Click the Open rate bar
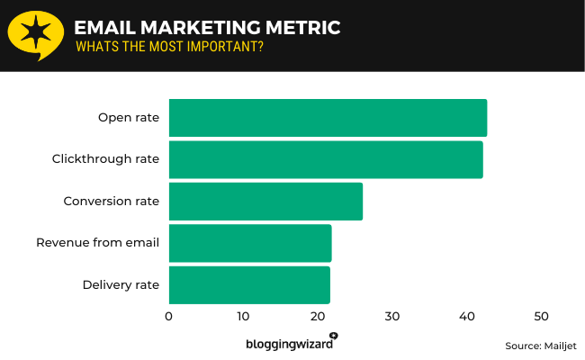328,118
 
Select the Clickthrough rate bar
326,159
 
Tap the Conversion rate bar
265,201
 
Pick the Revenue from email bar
250,243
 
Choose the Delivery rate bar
249,284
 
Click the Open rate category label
129,118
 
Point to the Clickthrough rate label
105,159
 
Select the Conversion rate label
111,201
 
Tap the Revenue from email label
97,243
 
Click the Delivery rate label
121,284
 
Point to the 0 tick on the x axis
169,317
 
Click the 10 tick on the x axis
243,317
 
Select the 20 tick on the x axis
318,317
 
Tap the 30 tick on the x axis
392,317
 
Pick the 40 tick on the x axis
466,317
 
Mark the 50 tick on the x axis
541,317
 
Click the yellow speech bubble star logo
36,35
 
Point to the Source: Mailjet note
540,346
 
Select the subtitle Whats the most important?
169,47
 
